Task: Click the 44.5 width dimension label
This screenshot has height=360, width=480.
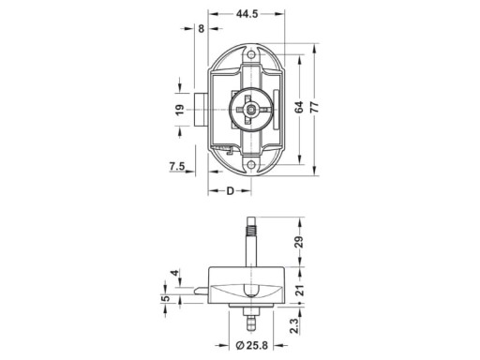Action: pyautogui.click(x=247, y=14)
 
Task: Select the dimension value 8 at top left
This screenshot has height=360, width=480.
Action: pyautogui.click(x=202, y=29)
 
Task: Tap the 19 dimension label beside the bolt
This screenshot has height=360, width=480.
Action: pyautogui.click(x=180, y=110)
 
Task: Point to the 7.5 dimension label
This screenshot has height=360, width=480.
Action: pyautogui.click(x=177, y=167)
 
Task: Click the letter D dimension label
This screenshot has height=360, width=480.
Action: pyautogui.click(x=230, y=191)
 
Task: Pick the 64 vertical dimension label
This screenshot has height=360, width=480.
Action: pyautogui.click(x=299, y=107)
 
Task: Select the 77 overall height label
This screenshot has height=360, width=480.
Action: pyautogui.click(x=315, y=107)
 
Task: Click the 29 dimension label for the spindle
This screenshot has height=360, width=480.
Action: pyautogui.click(x=299, y=242)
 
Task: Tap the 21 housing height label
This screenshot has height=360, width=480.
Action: pyautogui.click(x=299, y=291)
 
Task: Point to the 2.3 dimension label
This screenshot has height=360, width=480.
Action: pyautogui.click(x=294, y=325)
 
